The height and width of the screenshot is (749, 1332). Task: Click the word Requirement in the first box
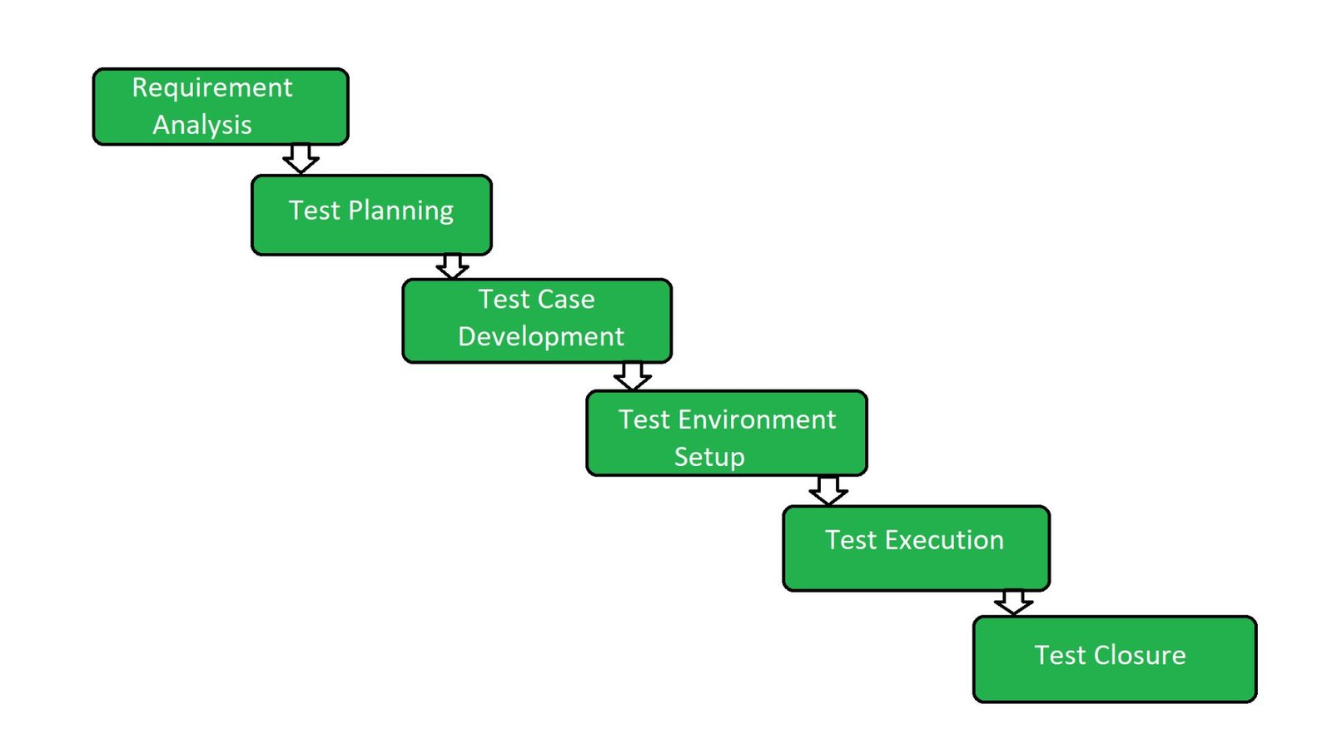click(212, 89)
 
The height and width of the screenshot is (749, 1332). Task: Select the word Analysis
click(202, 126)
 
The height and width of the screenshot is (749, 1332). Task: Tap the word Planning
click(400, 211)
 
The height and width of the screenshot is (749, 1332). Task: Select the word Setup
click(709, 458)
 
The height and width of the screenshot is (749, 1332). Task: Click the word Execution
click(944, 540)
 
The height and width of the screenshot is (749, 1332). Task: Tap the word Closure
click(1140, 655)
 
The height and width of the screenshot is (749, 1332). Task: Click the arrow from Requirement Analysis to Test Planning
click(301, 158)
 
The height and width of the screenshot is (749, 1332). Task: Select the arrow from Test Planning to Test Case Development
click(452, 266)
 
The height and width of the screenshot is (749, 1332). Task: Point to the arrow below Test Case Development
click(632, 376)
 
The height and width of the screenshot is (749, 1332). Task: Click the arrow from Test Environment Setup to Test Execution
click(828, 490)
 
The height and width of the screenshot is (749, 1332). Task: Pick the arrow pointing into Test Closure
click(1013, 603)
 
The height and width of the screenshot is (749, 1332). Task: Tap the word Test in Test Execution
click(851, 540)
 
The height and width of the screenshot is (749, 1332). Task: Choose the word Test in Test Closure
click(1061, 655)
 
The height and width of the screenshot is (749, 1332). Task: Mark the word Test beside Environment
click(644, 419)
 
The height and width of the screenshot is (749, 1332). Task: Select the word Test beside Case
click(504, 299)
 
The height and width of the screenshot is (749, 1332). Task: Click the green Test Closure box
click(1115, 659)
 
